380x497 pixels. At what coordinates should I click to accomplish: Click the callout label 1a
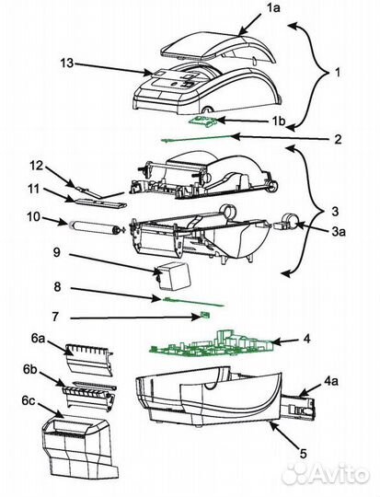pyautogui.click(x=273, y=8)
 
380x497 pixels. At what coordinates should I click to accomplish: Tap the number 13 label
pyautogui.click(x=67, y=64)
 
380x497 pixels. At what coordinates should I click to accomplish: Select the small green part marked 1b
pyautogui.click(x=202, y=121)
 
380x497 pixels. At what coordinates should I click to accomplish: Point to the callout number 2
pyautogui.click(x=338, y=139)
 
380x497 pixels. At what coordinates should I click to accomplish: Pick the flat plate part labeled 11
pyautogui.click(x=97, y=203)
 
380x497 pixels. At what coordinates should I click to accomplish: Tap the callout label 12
pyautogui.click(x=37, y=165)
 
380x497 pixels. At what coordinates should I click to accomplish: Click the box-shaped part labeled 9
pyautogui.click(x=174, y=275)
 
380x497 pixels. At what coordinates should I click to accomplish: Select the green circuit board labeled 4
pyautogui.click(x=212, y=346)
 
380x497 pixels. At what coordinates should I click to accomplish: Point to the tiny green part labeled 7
pyautogui.click(x=205, y=315)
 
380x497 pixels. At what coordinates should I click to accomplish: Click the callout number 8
pyautogui.click(x=57, y=287)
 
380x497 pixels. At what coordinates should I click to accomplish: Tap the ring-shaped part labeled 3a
pyautogui.click(x=286, y=221)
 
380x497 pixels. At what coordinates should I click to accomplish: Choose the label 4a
pyautogui.click(x=330, y=381)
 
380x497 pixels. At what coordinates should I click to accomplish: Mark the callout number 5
pyautogui.click(x=304, y=454)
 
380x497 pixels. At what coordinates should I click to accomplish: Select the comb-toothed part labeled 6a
pyautogui.click(x=89, y=360)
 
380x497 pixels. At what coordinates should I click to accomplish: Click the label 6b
pyautogui.click(x=30, y=369)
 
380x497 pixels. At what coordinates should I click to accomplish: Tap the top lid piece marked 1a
pyautogui.click(x=219, y=48)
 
